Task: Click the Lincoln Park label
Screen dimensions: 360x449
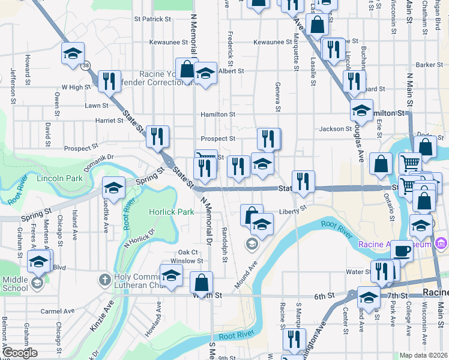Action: point(59,179)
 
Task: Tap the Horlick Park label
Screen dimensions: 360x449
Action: point(172,212)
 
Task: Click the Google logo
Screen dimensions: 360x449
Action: point(20,353)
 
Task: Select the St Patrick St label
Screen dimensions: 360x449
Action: point(153,19)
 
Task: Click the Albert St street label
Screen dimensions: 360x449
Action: point(231,71)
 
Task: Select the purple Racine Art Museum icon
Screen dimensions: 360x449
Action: point(442,244)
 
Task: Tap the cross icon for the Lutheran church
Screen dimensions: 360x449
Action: point(104,279)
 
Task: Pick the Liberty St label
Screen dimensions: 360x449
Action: point(293,209)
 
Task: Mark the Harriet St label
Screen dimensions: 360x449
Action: point(109,121)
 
